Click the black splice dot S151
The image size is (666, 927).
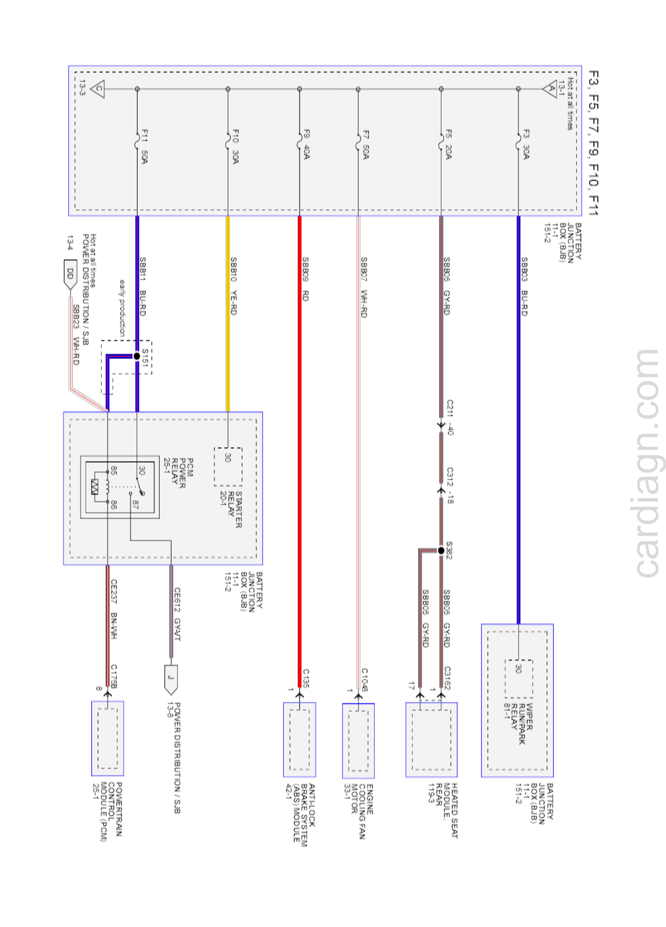137,356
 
